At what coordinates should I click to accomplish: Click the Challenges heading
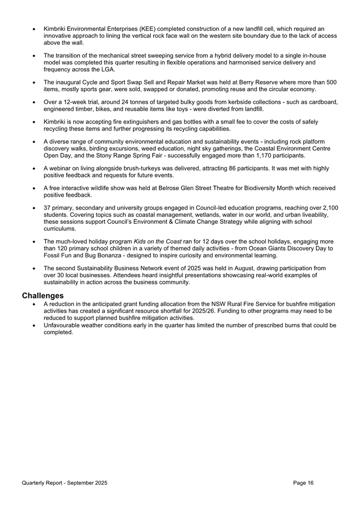[43, 295]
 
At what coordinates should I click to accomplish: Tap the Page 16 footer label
[303, 482]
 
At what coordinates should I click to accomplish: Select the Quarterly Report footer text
[65, 482]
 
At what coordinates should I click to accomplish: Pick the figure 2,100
[328, 207]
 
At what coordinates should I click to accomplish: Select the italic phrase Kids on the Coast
[158, 241]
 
